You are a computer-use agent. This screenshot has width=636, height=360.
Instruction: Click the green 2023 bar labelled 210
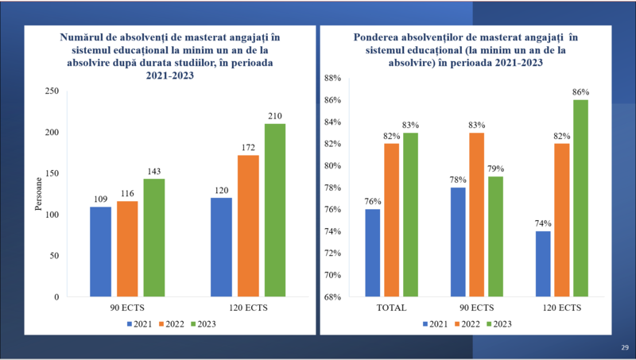coord(275,211)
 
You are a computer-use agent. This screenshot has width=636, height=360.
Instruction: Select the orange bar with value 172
coord(248,226)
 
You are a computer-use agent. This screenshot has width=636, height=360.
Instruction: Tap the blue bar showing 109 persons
coord(100,252)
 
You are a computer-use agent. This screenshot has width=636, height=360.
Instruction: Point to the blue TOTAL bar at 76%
coord(373,253)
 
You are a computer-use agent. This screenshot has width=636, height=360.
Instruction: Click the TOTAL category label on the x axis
coord(392,308)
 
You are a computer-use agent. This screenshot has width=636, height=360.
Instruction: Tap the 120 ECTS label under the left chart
coord(248,308)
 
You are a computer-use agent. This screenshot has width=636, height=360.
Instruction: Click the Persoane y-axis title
coord(37,195)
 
